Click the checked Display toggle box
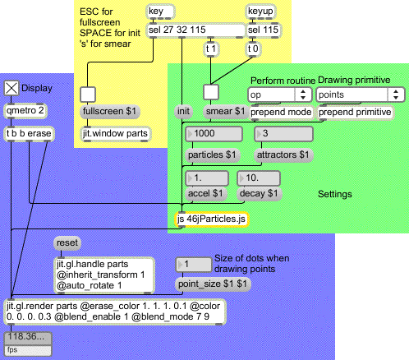coord(11,88)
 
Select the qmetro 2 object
coord(25,111)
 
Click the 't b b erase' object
coord(29,134)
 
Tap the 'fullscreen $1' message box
coord(110,112)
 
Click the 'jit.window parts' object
coord(115,134)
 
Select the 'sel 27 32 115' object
coord(196,30)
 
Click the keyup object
coord(260,12)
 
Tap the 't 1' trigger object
coord(211,49)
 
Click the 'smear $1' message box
coord(226,112)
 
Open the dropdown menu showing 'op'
coord(280,95)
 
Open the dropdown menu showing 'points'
coord(361,95)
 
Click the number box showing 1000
coord(214,134)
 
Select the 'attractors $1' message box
coord(283,155)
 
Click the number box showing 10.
coord(259,178)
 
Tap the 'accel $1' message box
coord(206,194)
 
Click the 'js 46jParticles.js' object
coord(211,219)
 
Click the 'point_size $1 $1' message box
coord(213,284)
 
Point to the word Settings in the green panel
coord(335,194)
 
